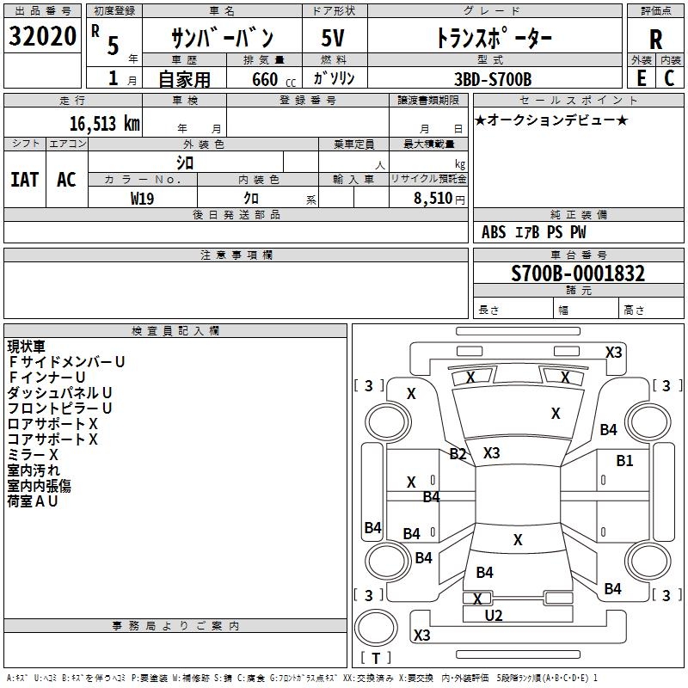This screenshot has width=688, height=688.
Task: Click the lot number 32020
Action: (42, 36)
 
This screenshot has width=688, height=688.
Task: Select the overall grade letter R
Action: (655, 39)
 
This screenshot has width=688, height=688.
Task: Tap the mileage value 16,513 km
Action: (104, 124)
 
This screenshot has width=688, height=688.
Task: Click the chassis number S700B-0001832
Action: (578, 273)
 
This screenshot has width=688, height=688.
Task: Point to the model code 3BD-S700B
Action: (492, 79)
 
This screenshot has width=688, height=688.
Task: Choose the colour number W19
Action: (142, 199)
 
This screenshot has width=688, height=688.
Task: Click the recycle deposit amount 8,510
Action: (433, 199)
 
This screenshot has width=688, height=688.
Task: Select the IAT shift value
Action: (25, 180)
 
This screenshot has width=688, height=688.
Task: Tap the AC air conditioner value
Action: (66, 180)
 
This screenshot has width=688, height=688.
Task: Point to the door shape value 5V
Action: (333, 38)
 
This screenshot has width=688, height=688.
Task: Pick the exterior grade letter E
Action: (641, 78)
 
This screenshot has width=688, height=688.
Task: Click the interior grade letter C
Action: (669, 78)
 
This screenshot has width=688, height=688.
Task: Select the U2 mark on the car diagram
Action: (493, 616)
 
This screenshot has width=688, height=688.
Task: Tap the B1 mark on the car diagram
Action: (624, 461)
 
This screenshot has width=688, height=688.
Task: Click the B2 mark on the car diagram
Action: (458, 454)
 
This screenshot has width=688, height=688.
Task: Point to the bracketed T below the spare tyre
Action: (376, 658)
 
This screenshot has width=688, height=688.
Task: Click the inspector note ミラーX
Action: (33, 455)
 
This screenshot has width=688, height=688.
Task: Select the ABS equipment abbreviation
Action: (494, 232)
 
